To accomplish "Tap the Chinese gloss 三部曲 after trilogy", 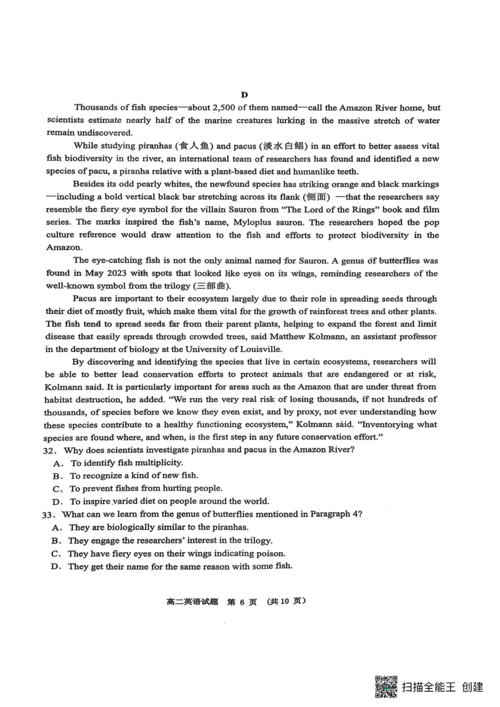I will click(x=209, y=286).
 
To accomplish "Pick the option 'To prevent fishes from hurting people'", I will click(x=146, y=488).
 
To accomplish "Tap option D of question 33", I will click(x=56, y=566).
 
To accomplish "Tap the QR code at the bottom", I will click(x=385, y=685).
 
